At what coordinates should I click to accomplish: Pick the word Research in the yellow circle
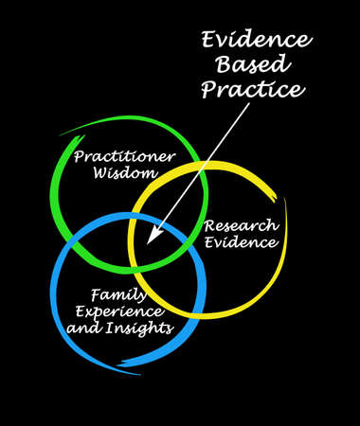[x=241, y=225]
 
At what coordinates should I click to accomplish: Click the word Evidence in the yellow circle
[x=241, y=243]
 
